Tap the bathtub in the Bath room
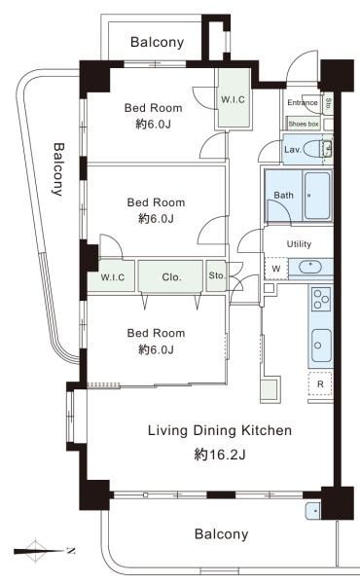coord(317,196)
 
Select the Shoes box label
coord(304,124)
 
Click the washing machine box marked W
coord(276,269)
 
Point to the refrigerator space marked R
coord(320,384)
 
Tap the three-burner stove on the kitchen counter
coord(321,299)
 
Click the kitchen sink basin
coord(320,346)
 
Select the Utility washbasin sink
coord(309,267)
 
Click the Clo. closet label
coord(171,277)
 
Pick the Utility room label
coord(299,244)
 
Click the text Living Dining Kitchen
coord(220,430)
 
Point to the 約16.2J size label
coord(220,454)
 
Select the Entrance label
coord(303,102)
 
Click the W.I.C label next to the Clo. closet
coord(113,277)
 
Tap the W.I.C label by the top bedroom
coord(234,99)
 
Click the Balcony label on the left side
coord(58,169)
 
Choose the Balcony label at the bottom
coord(221,534)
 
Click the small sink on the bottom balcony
coord(312,511)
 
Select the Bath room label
coord(283,195)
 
